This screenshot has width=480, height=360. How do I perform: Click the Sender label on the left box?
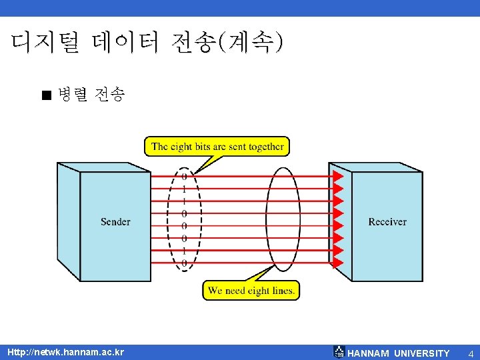[115, 221]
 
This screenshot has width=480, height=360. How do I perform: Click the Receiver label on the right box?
[387, 221]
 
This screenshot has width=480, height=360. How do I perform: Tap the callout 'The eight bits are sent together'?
[217, 147]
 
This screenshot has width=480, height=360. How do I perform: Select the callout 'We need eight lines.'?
[251, 291]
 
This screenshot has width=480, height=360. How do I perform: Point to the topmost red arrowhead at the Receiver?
[338, 176]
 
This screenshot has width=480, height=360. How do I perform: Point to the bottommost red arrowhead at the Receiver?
[338, 263]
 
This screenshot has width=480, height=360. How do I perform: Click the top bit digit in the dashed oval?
[184, 177]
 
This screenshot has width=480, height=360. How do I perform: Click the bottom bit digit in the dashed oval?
[184, 264]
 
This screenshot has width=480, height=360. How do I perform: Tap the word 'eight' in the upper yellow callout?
[182, 147]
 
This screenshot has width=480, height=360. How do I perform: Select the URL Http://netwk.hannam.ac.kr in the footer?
[65, 352]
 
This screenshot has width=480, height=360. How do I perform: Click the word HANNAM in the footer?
[368, 353]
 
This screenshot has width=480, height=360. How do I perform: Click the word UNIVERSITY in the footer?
[422, 353]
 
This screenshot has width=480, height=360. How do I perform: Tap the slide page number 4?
[470, 353]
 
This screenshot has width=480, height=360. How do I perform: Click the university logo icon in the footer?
[339, 352]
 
